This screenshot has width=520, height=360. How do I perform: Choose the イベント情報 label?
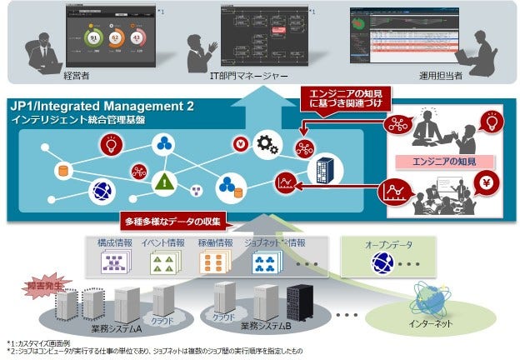pyautogui.click(x=164, y=244)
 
